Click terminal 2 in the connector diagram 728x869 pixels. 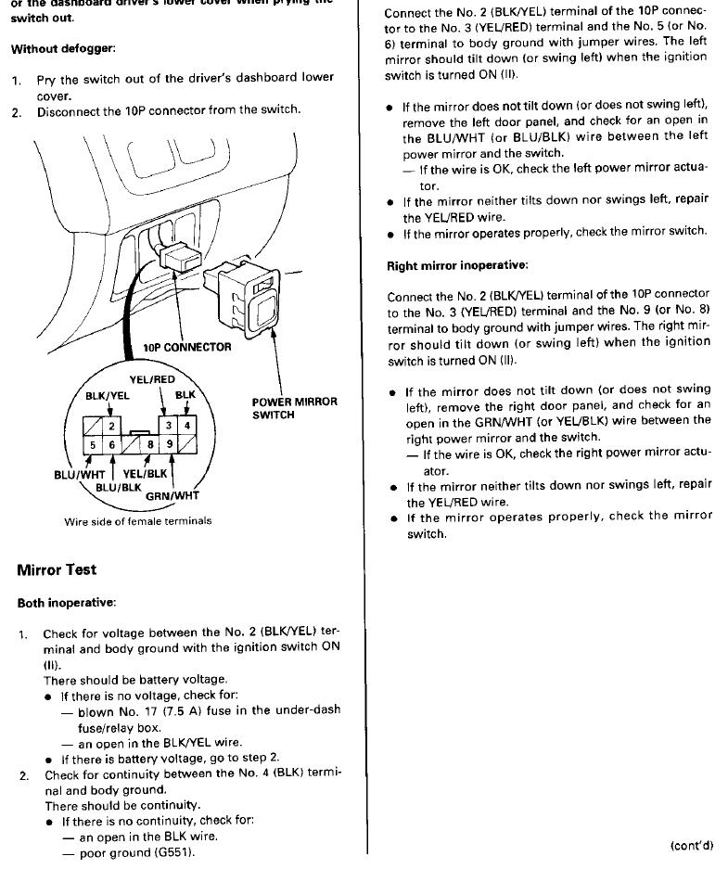pos(111,426)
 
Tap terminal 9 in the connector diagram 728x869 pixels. pos(171,444)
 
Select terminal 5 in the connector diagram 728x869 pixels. pos(93,444)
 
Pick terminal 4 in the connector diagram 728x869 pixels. pos(187,426)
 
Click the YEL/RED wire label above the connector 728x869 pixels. pos(152,379)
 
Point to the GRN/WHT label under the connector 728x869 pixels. pos(172,495)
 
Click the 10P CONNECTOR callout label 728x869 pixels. pos(187,347)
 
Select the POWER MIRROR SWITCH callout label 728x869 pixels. pos(294,409)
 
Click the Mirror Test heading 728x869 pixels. pos(57,569)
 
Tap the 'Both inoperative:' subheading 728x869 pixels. pos(67,603)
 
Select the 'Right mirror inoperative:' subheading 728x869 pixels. pos(457,266)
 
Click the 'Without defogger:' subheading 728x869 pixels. pos(63,48)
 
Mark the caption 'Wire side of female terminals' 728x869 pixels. pos(137,521)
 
